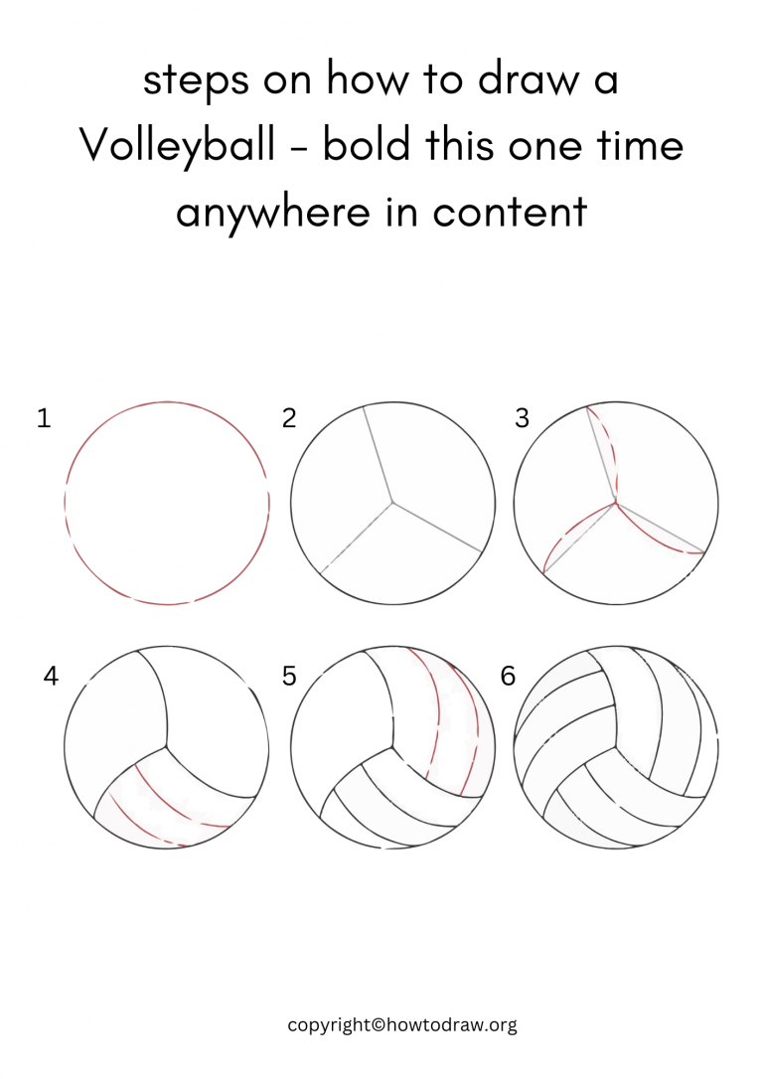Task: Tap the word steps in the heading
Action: click(x=194, y=81)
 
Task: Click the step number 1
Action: click(x=43, y=419)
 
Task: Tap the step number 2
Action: click(x=289, y=419)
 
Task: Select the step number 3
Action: click(x=523, y=419)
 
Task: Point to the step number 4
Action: click(x=51, y=678)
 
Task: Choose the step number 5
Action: click(x=289, y=678)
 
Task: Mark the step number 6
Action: click(x=508, y=678)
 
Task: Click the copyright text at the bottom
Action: click(x=402, y=1025)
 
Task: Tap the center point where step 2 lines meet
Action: click(x=393, y=502)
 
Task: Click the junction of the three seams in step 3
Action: click(x=617, y=502)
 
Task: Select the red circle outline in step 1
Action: click(x=167, y=403)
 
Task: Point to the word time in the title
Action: click(x=638, y=146)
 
